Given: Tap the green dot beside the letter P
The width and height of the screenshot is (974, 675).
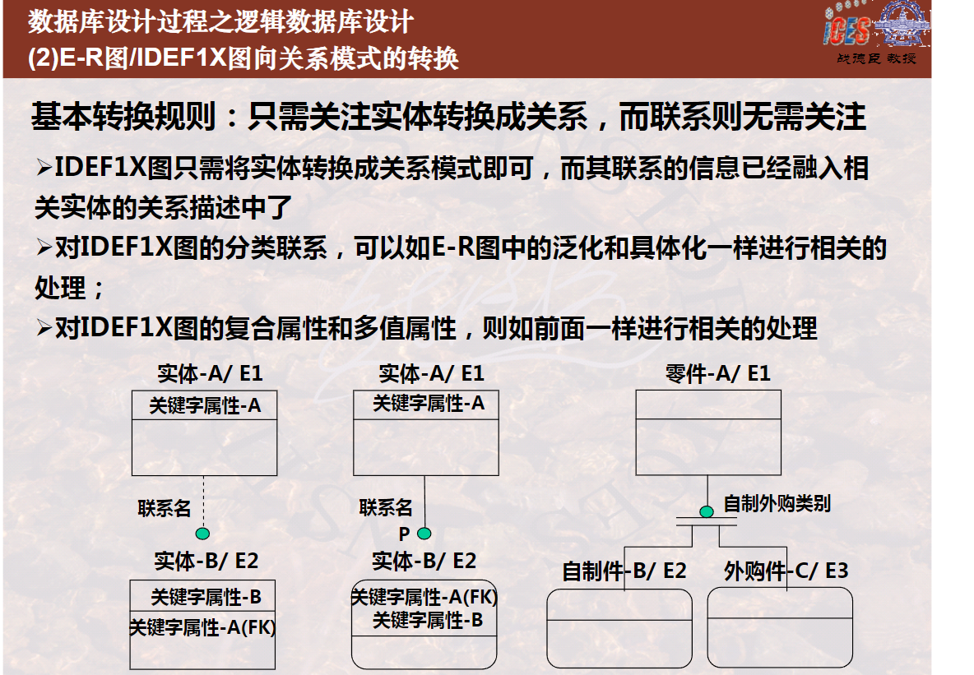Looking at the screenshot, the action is [x=424, y=534].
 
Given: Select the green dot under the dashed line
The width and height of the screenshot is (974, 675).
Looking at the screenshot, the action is [x=202, y=534].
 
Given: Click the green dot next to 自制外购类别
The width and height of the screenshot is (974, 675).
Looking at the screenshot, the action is [x=707, y=511].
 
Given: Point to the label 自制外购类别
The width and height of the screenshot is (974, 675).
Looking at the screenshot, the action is [x=777, y=503].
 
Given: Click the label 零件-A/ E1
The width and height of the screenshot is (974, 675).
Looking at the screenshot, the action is [x=717, y=373].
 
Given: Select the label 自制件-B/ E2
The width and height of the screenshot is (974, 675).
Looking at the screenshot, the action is [x=624, y=571].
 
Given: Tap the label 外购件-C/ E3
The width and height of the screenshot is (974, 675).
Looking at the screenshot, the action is [x=786, y=571].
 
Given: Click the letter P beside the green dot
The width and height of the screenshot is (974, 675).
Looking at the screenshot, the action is [x=404, y=534].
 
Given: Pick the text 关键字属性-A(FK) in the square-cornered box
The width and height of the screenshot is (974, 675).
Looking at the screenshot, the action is [x=202, y=627].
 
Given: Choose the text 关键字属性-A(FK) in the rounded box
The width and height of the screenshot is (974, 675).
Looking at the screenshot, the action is [x=424, y=597].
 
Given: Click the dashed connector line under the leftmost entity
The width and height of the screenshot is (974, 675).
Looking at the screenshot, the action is [x=203, y=502].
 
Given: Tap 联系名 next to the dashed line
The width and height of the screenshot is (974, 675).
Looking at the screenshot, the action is [x=164, y=508].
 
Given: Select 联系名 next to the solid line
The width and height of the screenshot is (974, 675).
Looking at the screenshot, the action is [x=386, y=507].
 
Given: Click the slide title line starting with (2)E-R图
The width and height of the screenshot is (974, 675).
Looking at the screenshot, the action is [x=243, y=58].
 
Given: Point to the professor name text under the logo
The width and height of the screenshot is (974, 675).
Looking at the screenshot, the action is [x=876, y=58].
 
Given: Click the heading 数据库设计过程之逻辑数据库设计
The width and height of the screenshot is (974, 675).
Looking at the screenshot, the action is [x=220, y=21].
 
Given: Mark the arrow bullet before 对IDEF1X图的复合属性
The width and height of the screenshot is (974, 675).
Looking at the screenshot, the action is [x=44, y=327].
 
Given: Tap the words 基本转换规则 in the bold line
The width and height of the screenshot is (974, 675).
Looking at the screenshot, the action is [x=123, y=116].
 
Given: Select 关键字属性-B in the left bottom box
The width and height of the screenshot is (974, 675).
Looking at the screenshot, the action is [x=206, y=597].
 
